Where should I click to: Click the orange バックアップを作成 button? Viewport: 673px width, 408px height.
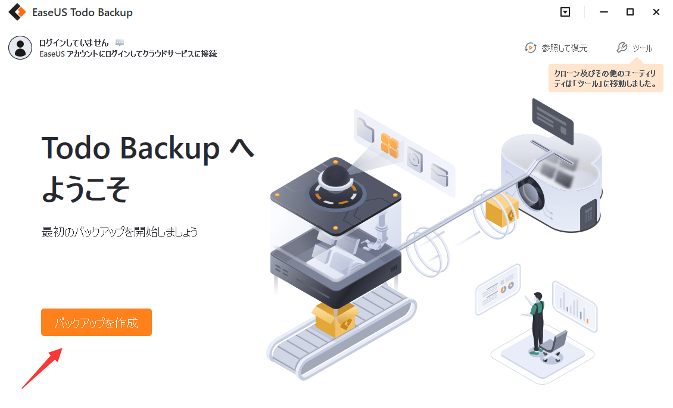(96, 322)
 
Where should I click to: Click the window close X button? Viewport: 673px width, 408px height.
(656, 12)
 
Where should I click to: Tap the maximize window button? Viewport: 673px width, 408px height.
(630, 12)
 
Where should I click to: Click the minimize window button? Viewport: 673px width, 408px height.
(604, 12)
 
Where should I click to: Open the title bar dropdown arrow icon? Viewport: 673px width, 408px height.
(565, 12)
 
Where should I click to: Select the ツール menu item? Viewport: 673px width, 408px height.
(635, 48)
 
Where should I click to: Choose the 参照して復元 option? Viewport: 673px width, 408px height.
(556, 48)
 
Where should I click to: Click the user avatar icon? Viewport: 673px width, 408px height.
(20, 48)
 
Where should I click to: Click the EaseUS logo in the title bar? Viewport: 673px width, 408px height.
(16, 12)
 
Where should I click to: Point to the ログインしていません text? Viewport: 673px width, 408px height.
(74, 43)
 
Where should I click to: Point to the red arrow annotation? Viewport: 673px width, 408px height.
(42, 369)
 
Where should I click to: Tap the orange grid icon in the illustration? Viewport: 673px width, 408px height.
(390, 146)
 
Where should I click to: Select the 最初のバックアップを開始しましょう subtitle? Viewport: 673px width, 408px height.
(120, 232)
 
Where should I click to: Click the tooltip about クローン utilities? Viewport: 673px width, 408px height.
(606, 79)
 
